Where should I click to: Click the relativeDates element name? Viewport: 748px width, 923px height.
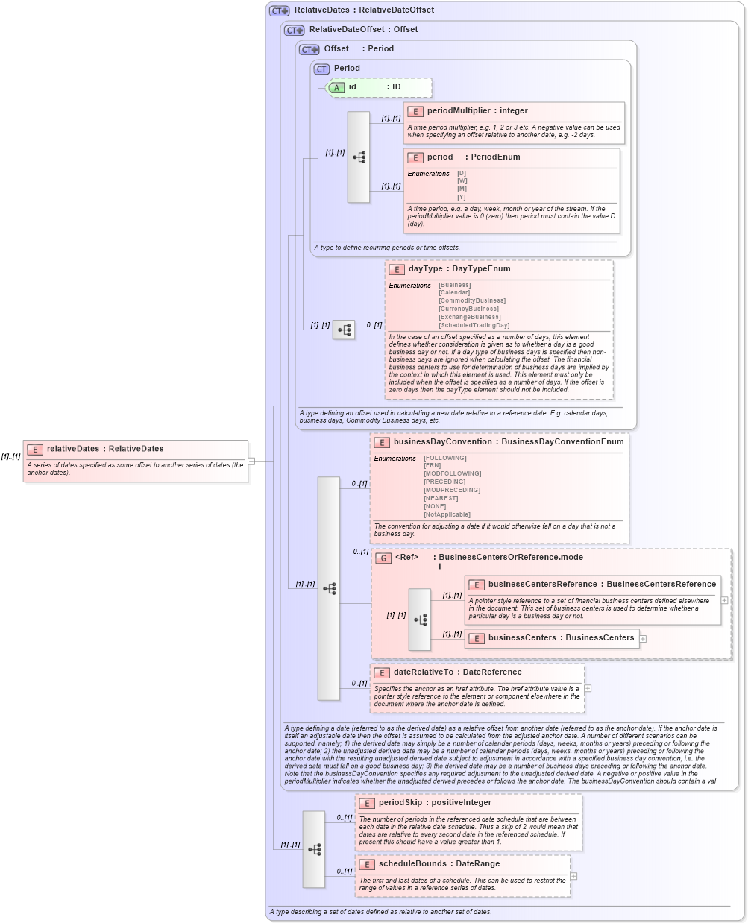click(x=73, y=449)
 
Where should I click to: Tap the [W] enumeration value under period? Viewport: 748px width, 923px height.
click(x=462, y=181)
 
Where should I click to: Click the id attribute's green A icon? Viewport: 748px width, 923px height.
click(x=336, y=88)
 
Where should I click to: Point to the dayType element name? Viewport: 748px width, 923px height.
click(x=425, y=268)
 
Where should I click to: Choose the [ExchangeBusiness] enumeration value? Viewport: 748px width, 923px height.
click(x=469, y=317)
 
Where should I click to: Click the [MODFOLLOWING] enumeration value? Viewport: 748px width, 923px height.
click(x=452, y=473)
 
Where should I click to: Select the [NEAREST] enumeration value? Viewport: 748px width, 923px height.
click(x=441, y=498)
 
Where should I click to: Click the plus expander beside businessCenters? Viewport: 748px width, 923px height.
click(x=643, y=639)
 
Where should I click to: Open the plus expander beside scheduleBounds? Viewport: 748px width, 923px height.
click(x=573, y=876)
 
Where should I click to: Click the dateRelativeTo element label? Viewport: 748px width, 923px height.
click(x=423, y=672)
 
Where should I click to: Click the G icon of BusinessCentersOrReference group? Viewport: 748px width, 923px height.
click(x=383, y=558)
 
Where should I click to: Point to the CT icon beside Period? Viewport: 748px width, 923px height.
click(x=321, y=69)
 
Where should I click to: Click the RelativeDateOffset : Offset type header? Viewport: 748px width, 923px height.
click(x=363, y=29)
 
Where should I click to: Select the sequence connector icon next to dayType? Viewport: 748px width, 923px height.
click(x=344, y=329)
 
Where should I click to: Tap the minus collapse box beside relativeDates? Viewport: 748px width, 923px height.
click(x=251, y=462)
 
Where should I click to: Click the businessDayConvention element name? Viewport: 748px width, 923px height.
click(x=443, y=441)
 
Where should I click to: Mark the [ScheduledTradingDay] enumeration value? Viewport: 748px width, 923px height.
click(x=474, y=325)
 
